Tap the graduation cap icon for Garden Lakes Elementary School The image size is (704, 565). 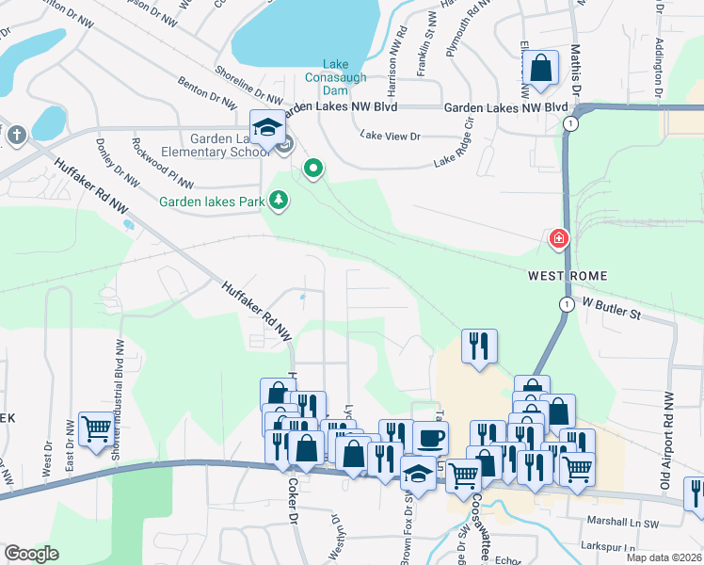click(267, 127)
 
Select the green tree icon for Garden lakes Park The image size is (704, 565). click(279, 200)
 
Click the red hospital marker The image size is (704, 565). click(559, 239)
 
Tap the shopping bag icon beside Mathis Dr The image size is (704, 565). click(541, 68)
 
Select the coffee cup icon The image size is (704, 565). click(430, 438)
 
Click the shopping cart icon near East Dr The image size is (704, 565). click(96, 429)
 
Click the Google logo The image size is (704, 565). click(32, 554)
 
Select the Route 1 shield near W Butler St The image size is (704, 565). click(566, 304)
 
